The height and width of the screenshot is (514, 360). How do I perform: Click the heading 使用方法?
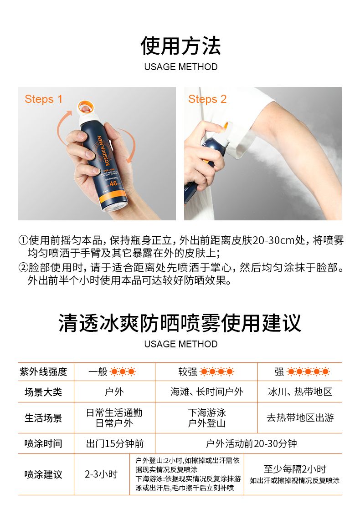(x=180, y=46)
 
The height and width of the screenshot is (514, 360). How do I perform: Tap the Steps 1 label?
(x=43, y=99)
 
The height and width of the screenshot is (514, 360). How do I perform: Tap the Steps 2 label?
(x=207, y=99)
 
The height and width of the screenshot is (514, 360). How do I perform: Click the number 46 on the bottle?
(x=113, y=183)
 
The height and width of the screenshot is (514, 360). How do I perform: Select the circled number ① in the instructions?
(x=23, y=240)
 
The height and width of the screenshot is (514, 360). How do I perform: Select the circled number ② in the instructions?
(x=23, y=268)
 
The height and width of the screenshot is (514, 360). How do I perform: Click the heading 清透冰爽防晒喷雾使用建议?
(x=180, y=323)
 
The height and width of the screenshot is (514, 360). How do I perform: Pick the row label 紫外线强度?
(x=43, y=372)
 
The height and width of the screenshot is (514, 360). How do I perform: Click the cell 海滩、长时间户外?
(x=207, y=392)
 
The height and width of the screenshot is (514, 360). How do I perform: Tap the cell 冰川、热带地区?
(x=300, y=392)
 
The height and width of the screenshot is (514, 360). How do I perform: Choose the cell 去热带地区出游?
(x=300, y=417)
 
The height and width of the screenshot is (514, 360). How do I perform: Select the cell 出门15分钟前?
(x=115, y=443)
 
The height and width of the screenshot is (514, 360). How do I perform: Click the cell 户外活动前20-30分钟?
(x=252, y=443)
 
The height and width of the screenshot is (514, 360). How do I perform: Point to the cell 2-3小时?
(x=101, y=474)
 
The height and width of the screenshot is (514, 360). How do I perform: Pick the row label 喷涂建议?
(x=43, y=474)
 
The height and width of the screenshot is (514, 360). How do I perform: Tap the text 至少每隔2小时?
(x=295, y=469)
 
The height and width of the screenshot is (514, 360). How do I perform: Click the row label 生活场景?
(x=43, y=417)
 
